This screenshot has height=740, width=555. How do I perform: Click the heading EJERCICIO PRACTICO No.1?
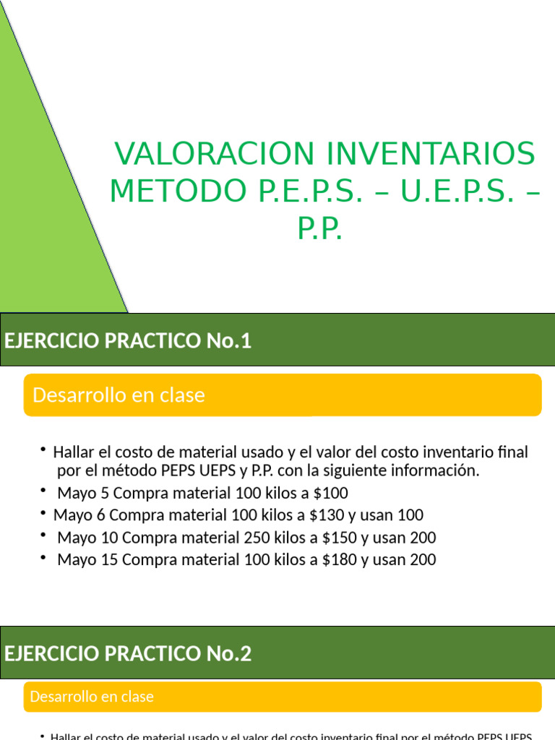[128, 341]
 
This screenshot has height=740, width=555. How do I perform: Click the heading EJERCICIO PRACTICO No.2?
[128, 654]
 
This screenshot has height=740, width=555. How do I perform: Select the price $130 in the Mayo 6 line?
[327, 515]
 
